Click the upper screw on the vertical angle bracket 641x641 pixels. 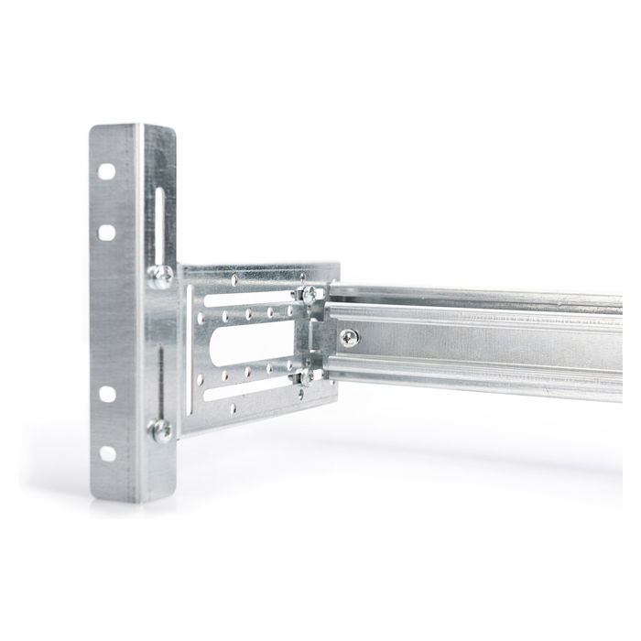[161, 273]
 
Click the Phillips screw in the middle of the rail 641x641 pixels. [349, 338]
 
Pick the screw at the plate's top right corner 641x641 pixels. [310, 294]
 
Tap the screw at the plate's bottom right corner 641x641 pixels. [308, 375]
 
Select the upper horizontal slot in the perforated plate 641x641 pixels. [247, 299]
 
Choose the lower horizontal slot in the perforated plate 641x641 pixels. [247, 383]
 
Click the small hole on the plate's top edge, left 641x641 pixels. [235, 277]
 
